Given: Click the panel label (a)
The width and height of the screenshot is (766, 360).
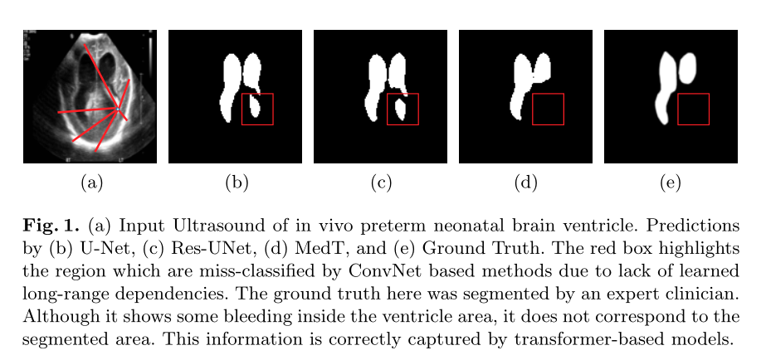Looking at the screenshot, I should click(90, 183).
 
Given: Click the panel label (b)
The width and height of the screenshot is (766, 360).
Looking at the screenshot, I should click(237, 183).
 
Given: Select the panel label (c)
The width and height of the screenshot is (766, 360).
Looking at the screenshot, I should click(381, 183).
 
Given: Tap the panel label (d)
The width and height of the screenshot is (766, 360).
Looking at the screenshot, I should click(525, 183).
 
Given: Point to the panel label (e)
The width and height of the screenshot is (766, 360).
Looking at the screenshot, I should click(670, 183).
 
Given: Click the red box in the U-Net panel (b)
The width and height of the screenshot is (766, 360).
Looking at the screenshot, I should click(257, 109).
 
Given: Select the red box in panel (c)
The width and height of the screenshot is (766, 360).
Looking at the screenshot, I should click(403, 109).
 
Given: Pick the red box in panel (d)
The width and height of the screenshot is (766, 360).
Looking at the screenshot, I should click(548, 109).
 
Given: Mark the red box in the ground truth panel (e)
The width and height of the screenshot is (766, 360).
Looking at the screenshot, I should click(693, 109).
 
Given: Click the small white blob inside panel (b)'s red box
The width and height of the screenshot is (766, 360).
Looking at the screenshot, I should click(256, 108).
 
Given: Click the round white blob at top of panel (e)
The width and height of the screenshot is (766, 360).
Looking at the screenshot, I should click(688, 68).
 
